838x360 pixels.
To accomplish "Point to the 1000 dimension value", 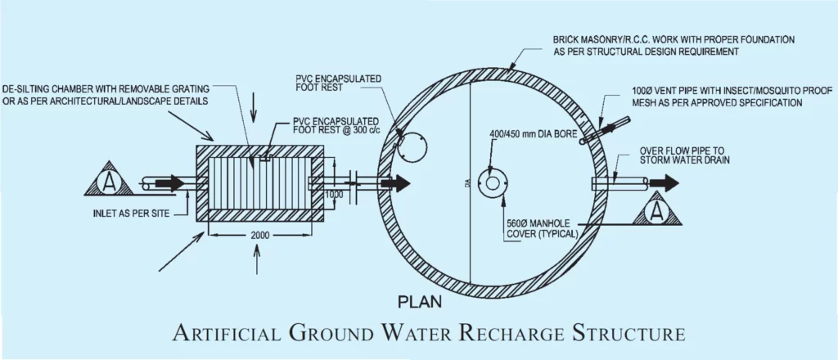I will pos(334,195).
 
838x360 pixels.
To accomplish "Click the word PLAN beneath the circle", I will pos(420,302).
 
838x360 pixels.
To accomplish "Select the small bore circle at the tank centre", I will pos(493,182).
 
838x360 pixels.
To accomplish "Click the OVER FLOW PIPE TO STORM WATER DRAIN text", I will pos(684,155).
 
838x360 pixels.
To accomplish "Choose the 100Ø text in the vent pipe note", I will pos(643,90).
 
